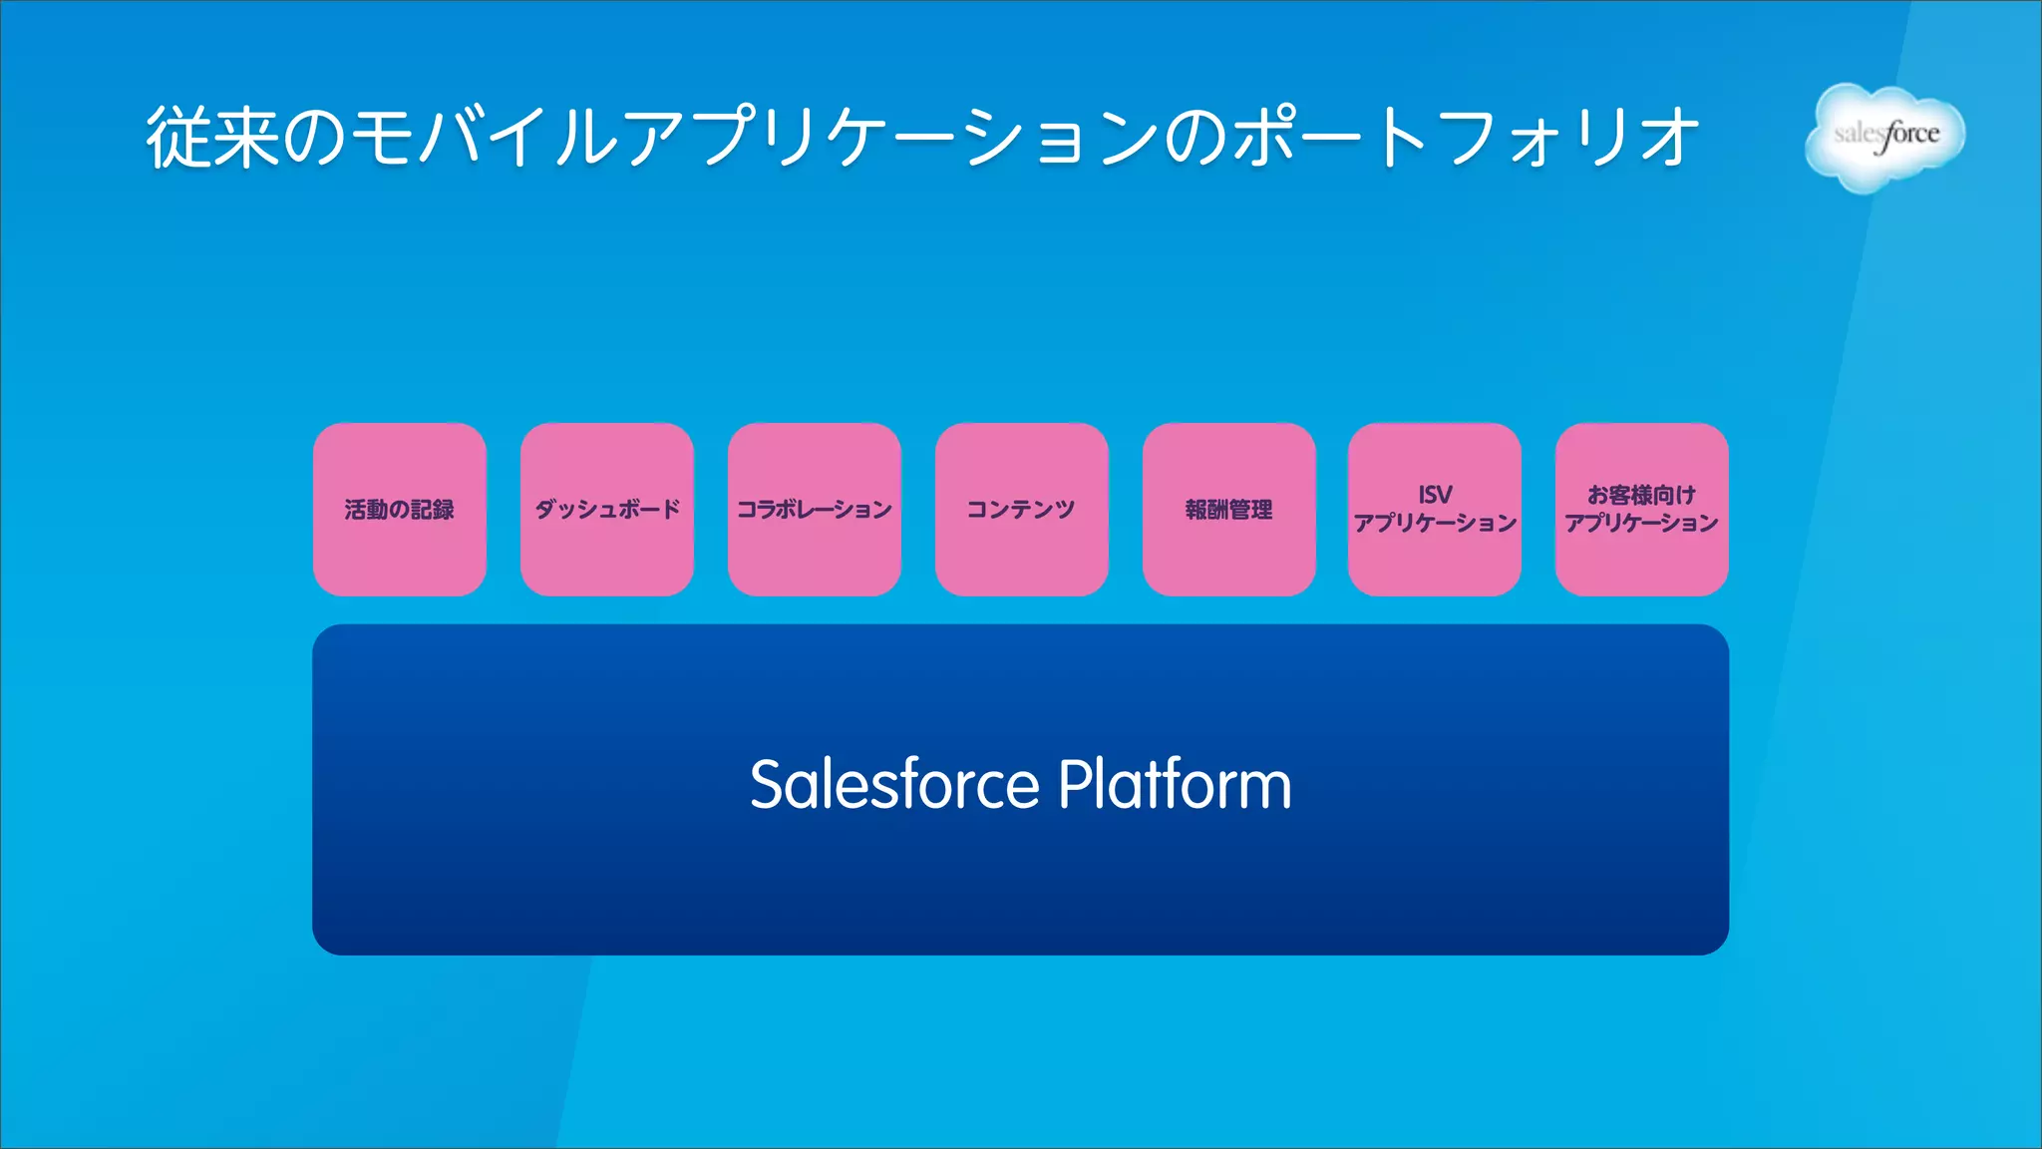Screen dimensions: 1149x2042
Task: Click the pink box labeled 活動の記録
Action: point(399,510)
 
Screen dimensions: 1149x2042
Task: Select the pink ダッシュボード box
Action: point(606,510)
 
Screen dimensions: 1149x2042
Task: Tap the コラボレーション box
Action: point(814,510)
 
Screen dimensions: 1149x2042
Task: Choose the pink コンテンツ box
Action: point(1021,510)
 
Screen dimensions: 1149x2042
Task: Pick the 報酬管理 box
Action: point(1228,510)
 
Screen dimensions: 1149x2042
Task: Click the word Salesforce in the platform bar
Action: point(894,785)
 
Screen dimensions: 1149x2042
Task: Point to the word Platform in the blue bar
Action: point(1175,785)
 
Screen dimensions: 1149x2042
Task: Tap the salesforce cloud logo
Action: point(1884,138)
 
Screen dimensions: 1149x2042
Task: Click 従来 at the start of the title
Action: point(211,138)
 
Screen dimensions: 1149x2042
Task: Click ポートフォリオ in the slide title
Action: point(1466,138)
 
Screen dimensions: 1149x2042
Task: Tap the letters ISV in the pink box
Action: point(1435,495)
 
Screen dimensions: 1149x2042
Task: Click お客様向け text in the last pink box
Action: point(1641,495)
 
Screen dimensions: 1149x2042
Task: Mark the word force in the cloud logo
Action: point(1909,136)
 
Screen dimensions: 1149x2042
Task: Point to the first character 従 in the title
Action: point(178,138)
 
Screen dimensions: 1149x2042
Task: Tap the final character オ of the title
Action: point(1669,138)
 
